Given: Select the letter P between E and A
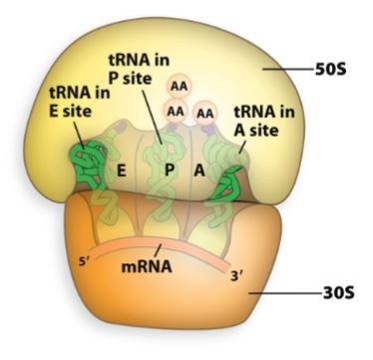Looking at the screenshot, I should pos(171,171).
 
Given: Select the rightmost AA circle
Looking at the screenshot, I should pos(206,114).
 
